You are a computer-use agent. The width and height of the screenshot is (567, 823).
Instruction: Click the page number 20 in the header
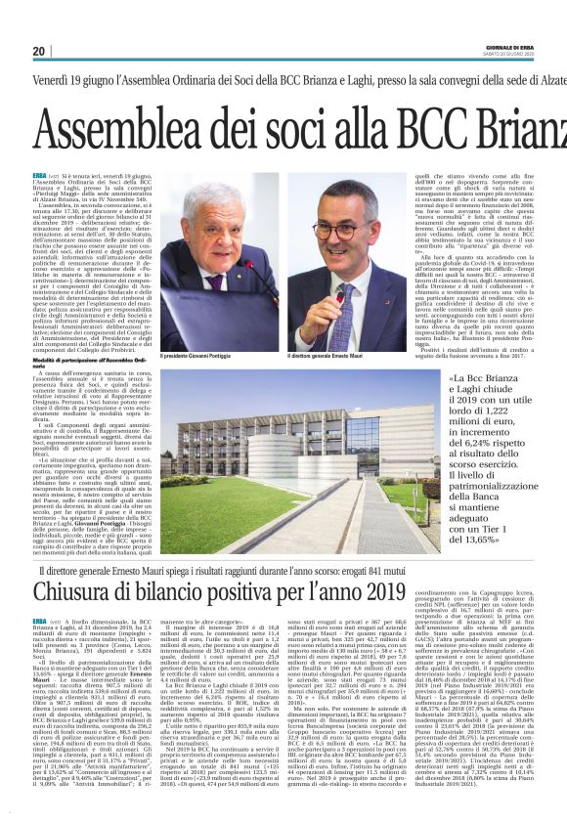(x=39, y=51)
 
